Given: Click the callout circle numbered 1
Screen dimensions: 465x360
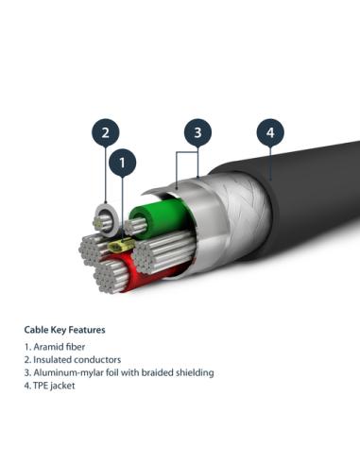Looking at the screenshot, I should (123, 164).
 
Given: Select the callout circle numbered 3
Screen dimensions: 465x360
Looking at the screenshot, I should (197, 132).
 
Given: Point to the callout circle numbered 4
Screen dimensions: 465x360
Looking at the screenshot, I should (270, 132).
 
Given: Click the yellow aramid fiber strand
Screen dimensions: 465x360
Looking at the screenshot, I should (120, 247).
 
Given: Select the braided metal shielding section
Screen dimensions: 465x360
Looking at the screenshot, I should (227, 227).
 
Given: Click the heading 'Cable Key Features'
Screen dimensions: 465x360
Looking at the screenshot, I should (64, 330).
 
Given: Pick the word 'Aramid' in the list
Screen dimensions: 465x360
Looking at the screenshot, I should (46, 347).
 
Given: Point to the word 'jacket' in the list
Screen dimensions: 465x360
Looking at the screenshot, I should (64, 386).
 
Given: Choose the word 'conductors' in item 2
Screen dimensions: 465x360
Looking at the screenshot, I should (94, 360).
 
